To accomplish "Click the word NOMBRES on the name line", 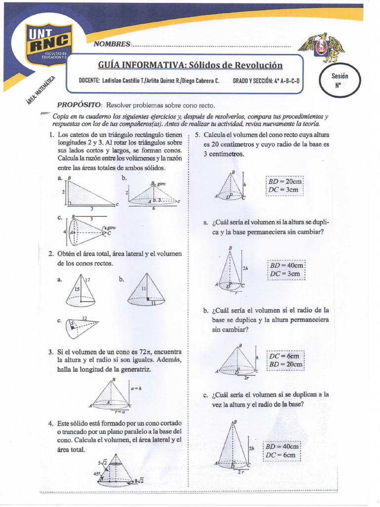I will click(x=115, y=44).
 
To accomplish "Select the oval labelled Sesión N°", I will click(x=340, y=80).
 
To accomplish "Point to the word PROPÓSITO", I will click(x=80, y=105).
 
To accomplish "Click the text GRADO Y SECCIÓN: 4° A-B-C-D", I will click(x=266, y=81).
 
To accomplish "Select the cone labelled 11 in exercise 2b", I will click(x=145, y=289).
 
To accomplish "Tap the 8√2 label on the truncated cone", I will click(x=139, y=480).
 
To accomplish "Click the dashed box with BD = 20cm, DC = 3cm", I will click(x=285, y=186).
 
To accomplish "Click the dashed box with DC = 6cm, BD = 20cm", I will click(x=285, y=360).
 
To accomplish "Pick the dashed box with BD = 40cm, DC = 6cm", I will click(x=282, y=450).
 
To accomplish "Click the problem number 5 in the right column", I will click(x=197, y=135).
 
